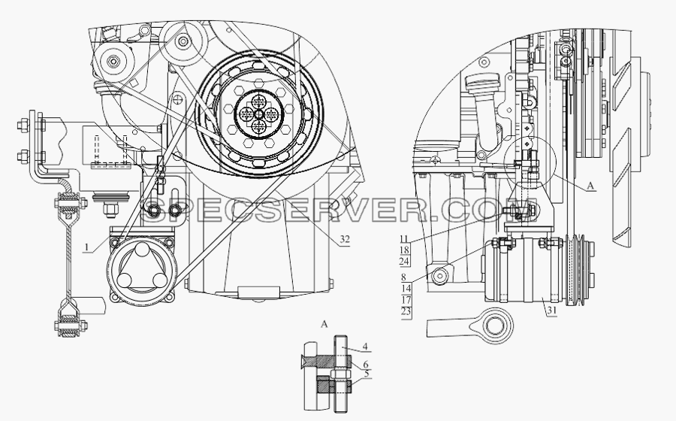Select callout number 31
click(551, 310)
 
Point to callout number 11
click(405, 239)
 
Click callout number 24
click(405, 262)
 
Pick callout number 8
click(403, 278)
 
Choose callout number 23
click(406, 311)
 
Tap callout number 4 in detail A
click(365, 347)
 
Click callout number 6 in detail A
click(366, 365)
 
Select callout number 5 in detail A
click(366, 374)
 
